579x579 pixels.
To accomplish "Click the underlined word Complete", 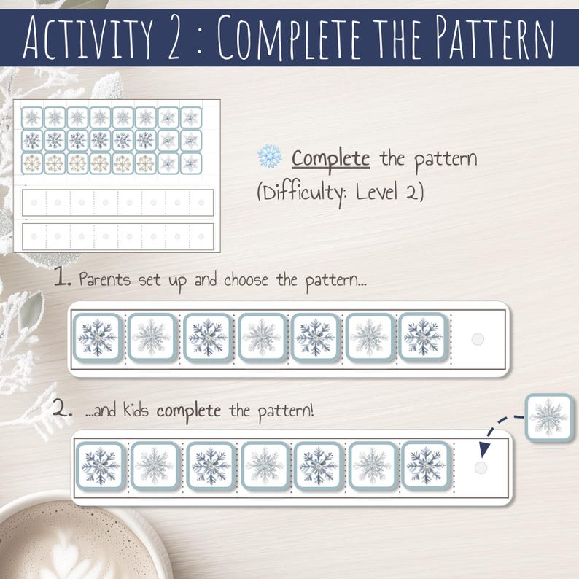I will coord(330,158).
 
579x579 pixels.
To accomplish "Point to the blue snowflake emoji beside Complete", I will coord(269,158).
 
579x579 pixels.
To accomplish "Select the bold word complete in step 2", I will coord(188,410).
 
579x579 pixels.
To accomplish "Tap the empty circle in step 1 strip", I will coord(478,338).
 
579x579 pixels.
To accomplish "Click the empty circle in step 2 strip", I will coord(480,467).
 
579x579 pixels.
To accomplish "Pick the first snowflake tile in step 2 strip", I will coord(100,466).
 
